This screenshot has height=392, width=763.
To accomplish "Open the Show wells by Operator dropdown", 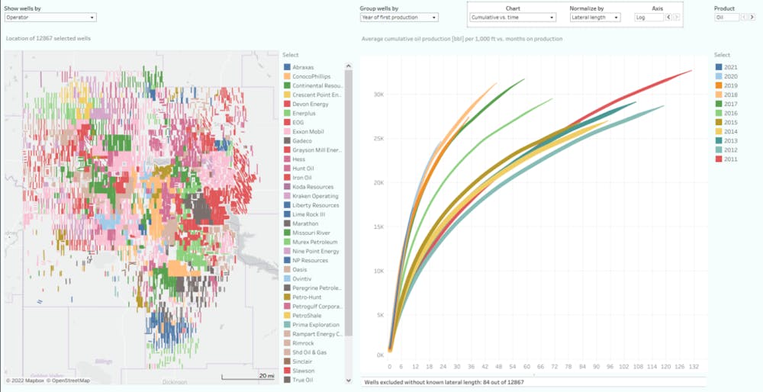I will [x=50, y=17].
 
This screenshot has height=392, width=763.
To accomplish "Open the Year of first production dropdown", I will [x=398, y=17].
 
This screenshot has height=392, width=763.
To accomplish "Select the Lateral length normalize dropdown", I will [x=595, y=17].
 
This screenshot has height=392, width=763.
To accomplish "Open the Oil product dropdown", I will [x=726, y=17].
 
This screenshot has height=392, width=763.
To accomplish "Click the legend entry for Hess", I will [x=302, y=159].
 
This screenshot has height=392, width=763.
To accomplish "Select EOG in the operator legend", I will [x=298, y=122].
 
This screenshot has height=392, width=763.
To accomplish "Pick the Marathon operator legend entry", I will [x=306, y=223].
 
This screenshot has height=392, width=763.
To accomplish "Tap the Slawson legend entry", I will [x=304, y=371].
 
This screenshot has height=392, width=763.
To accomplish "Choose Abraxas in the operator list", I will [x=303, y=67].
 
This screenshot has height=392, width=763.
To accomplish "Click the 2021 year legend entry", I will [x=730, y=68].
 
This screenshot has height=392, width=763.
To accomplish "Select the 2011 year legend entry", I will [x=730, y=159].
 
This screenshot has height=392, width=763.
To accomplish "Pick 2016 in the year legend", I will [x=730, y=114].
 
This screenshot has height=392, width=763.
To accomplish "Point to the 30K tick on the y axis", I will [x=377, y=95].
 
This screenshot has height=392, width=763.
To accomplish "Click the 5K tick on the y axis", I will [x=378, y=314].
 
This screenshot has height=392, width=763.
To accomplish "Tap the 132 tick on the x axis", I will [x=694, y=366].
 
